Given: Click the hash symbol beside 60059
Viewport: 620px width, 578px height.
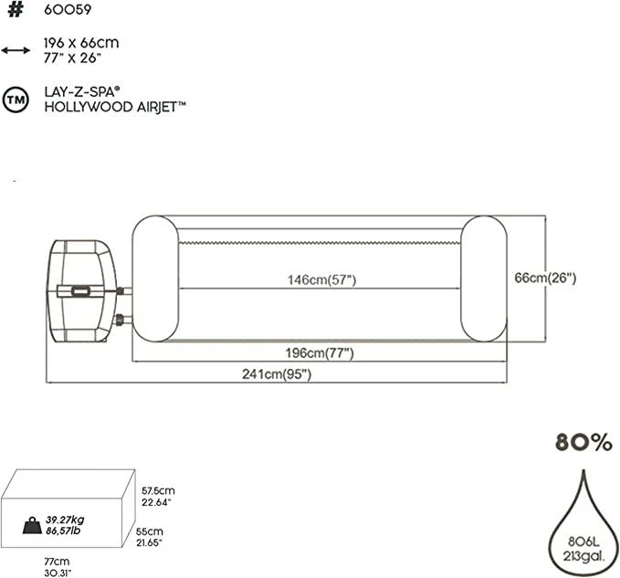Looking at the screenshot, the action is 16,9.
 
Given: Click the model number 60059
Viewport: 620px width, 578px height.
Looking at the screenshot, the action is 68,9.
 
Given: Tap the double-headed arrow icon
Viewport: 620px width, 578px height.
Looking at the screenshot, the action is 16,50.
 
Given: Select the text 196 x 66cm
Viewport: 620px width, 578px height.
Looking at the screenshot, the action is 81,43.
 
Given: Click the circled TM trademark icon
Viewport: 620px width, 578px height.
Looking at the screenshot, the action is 16,100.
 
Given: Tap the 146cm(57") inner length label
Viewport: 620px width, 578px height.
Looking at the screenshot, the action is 321,280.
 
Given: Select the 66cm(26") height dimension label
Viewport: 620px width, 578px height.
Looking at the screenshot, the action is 545,278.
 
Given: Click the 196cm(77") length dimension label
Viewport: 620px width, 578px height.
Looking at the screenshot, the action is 320,352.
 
